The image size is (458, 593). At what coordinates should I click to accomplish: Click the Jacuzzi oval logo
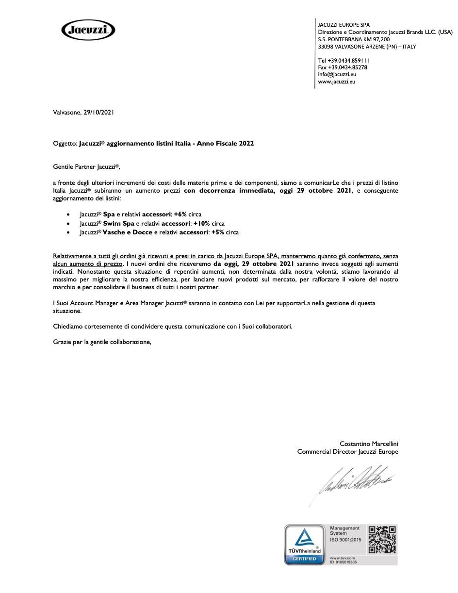click(x=88, y=31)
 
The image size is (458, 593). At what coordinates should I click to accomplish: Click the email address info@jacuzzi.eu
click(x=337, y=74)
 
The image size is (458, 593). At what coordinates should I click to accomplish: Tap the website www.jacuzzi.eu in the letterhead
click(x=336, y=82)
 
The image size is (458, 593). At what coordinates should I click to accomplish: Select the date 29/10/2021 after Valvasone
click(x=98, y=112)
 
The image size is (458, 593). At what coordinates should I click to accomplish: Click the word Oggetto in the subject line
click(x=65, y=144)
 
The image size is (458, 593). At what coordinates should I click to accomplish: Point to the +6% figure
click(x=180, y=214)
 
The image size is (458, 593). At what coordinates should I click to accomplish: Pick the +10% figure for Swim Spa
click(x=201, y=223)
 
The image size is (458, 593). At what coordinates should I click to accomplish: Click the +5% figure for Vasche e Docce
click(x=217, y=232)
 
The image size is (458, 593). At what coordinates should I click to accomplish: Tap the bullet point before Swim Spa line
click(x=68, y=224)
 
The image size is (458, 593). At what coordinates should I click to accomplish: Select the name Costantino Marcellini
click(x=369, y=444)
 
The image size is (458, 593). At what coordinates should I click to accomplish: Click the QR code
click(x=382, y=539)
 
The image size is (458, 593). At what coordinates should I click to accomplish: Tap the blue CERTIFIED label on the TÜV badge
click(x=304, y=559)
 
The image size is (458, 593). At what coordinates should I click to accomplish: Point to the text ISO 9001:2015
click(x=345, y=540)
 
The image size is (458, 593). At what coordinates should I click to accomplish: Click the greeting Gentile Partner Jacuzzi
click(x=86, y=167)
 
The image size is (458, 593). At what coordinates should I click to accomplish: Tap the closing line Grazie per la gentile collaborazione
click(x=102, y=342)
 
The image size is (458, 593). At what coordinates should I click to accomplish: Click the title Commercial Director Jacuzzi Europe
click(x=347, y=452)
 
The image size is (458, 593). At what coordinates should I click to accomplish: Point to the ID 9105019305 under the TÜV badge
click(x=343, y=562)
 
